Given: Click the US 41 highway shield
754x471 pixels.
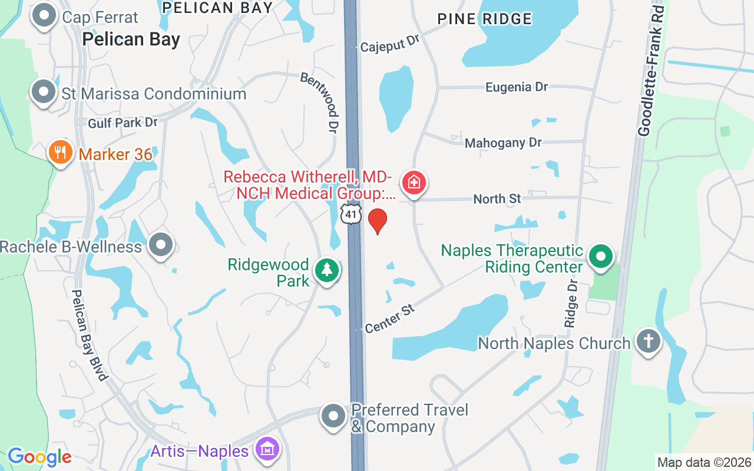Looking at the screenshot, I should [x=351, y=214].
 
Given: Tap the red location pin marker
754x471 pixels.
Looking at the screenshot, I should [x=377, y=221].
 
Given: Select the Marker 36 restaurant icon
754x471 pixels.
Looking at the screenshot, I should [x=59, y=153].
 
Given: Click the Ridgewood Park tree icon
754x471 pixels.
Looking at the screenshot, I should [x=327, y=271].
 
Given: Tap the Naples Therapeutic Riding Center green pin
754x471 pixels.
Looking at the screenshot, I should [x=600, y=257].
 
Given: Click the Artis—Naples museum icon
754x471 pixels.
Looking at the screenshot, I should [x=267, y=450].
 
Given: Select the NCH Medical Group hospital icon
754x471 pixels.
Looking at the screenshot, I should [x=414, y=183].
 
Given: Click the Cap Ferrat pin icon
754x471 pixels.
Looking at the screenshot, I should [x=44, y=16].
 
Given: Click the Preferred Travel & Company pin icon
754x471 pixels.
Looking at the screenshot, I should [x=333, y=416].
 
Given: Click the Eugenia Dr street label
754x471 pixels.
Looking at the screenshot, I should [x=516, y=87].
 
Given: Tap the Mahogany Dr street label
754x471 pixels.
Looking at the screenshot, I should [x=502, y=143].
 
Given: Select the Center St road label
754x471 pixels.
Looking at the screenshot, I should [x=390, y=319].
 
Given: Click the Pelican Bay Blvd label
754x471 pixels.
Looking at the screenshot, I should [x=91, y=334].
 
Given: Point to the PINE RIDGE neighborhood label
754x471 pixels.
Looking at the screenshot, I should [x=484, y=19].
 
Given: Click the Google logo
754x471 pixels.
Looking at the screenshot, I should [x=39, y=456].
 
